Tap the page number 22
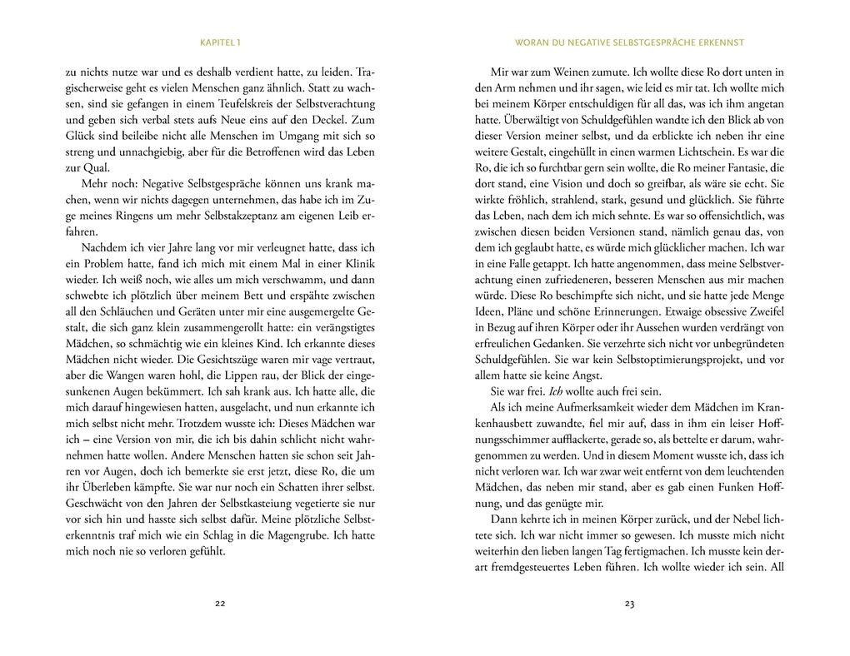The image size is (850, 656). [x=220, y=604]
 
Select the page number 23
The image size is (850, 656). [x=629, y=604]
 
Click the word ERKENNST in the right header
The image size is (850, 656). [x=719, y=42]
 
